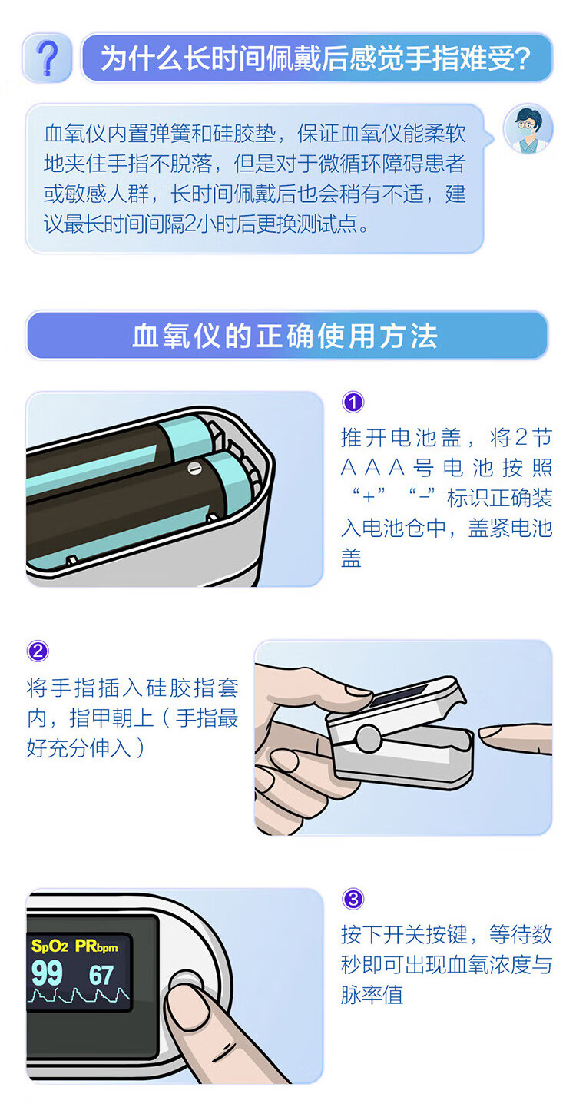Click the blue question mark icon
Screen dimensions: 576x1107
[48, 58]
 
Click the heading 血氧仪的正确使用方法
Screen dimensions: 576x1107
[286, 336]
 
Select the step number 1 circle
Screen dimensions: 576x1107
[353, 402]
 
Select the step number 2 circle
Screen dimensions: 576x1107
[38, 651]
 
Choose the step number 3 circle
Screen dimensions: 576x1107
[353, 899]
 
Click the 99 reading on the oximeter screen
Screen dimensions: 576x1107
[47, 973]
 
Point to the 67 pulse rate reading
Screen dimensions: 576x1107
[101, 975]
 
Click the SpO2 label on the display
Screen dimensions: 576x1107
[49, 946]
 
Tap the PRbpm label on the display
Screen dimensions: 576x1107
[96, 946]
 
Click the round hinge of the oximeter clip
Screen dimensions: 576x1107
[368, 737]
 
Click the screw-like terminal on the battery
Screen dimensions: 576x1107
[194, 467]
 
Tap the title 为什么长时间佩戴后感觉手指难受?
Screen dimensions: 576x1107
[316, 58]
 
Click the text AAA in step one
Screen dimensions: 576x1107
[373, 468]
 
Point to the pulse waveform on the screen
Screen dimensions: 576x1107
[79, 995]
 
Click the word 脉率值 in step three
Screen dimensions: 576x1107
[372, 995]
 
